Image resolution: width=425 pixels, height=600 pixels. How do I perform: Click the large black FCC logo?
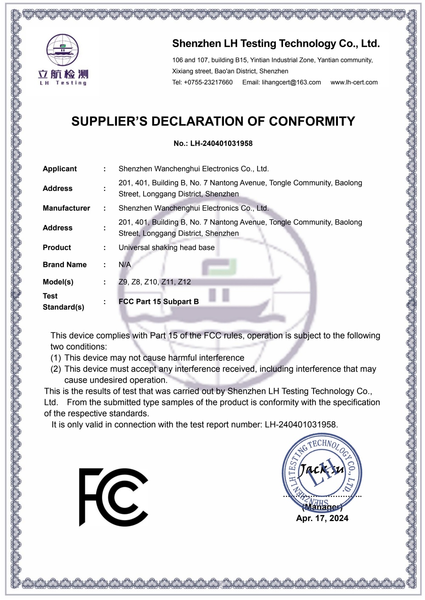click(x=113, y=497)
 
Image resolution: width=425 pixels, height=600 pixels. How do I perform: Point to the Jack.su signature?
click(x=321, y=469)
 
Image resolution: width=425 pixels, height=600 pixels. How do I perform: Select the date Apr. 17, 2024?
click(x=322, y=518)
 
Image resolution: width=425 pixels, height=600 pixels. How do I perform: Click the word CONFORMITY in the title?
click(x=312, y=121)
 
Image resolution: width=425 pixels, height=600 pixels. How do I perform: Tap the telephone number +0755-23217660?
click(x=208, y=82)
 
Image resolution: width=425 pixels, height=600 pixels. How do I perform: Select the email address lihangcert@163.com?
click(x=291, y=82)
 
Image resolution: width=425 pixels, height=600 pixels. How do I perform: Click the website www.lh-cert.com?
click(x=354, y=82)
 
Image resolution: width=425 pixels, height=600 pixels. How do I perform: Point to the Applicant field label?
click(x=60, y=169)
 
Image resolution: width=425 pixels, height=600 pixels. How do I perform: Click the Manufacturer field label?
click(x=66, y=208)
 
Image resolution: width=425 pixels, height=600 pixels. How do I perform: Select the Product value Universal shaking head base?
click(x=167, y=248)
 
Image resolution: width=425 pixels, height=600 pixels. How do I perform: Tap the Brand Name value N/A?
click(x=125, y=265)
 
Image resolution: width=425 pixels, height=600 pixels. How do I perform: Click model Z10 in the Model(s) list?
click(x=150, y=282)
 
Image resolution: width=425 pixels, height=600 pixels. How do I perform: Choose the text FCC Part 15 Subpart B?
click(x=159, y=302)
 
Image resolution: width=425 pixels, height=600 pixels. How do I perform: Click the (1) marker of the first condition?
click(x=56, y=358)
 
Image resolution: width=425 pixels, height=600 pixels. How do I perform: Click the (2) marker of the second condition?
click(x=56, y=369)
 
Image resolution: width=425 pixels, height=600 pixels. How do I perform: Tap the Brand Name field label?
click(x=65, y=265)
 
